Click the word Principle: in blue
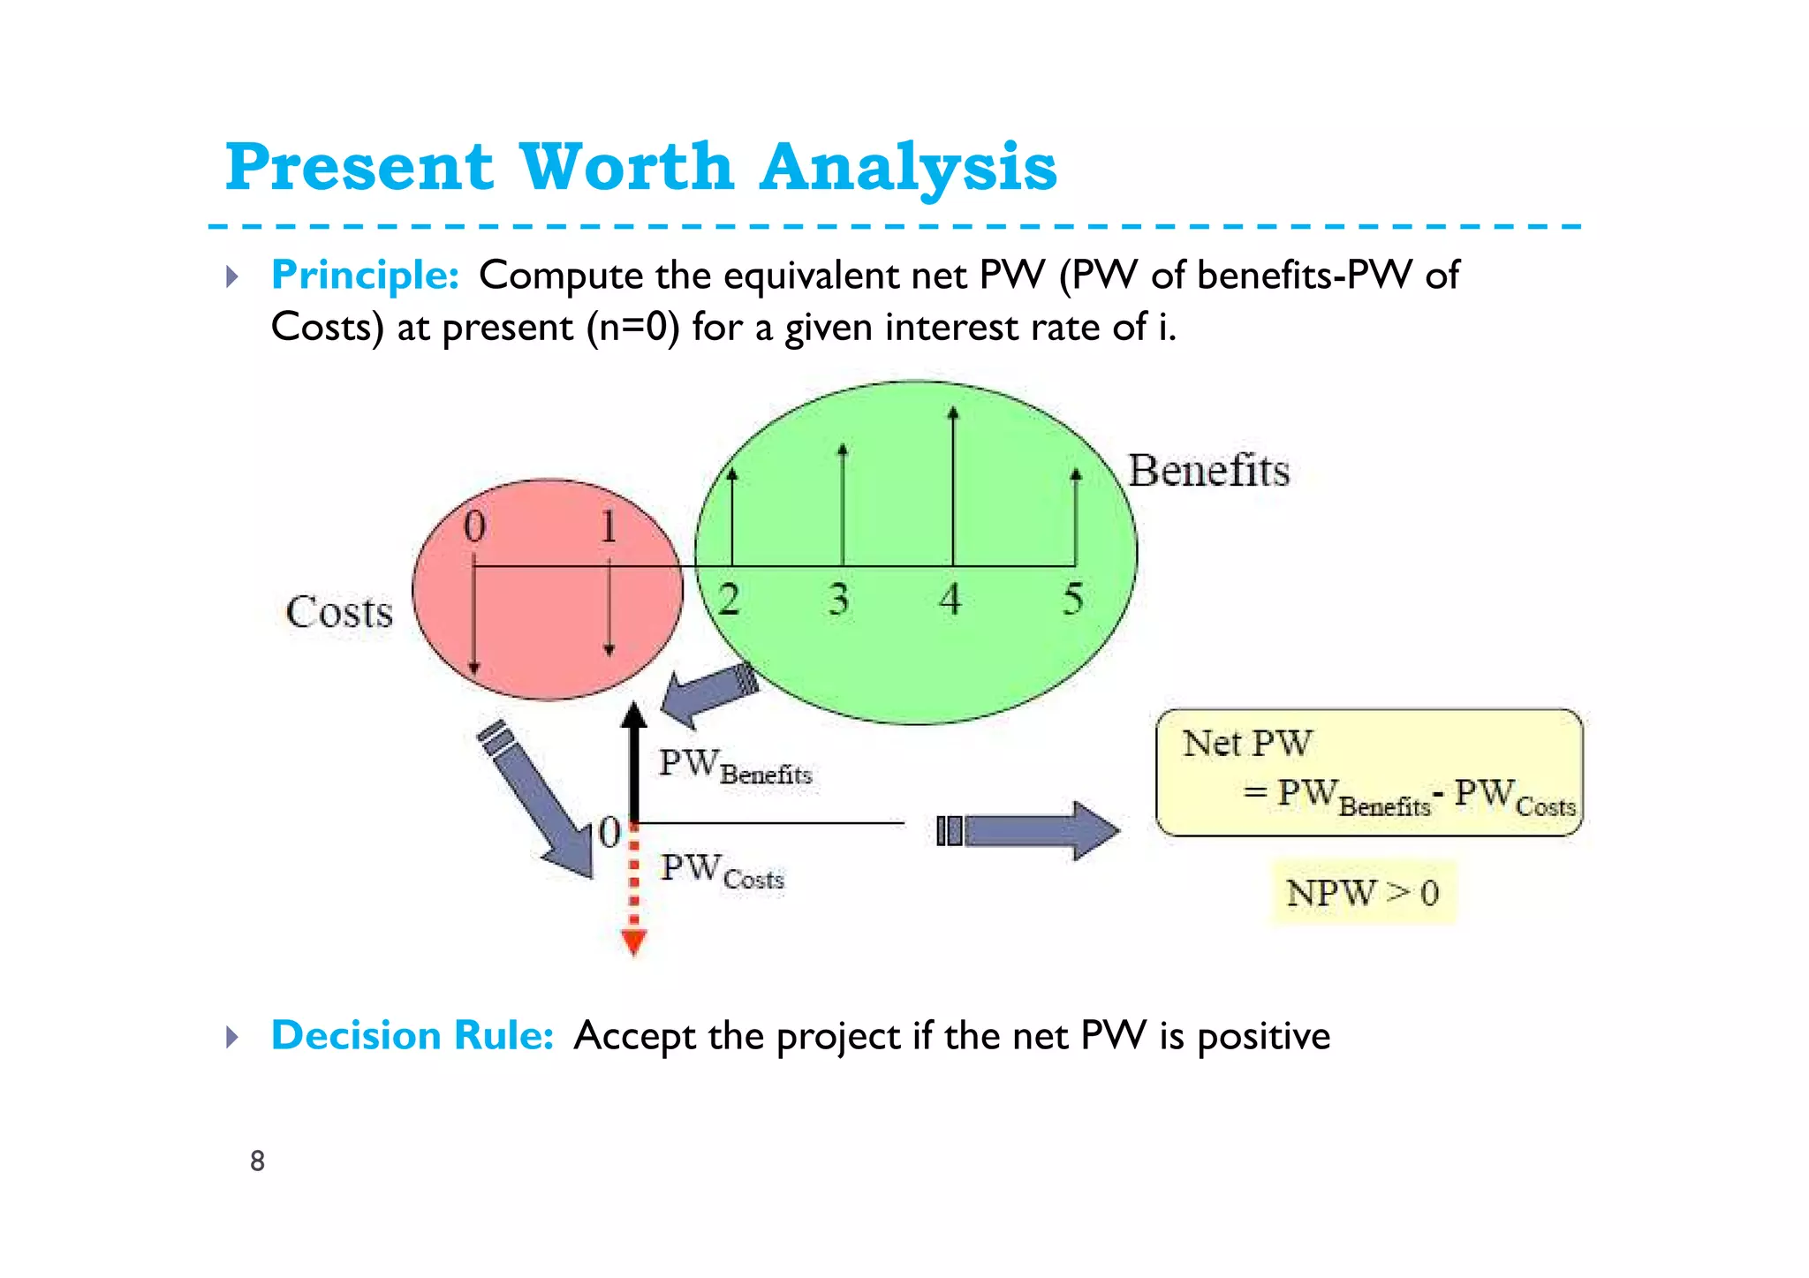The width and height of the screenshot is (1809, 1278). (x=365, y=275)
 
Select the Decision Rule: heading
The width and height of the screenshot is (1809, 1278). (x=412, y=1035)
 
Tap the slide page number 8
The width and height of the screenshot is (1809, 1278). (x=257, y=1161)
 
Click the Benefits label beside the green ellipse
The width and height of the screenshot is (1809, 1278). (x=1208, y=470)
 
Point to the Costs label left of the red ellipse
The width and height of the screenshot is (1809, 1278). (x=339, y=612)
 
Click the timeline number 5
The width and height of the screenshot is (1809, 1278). (x=1073, y=599)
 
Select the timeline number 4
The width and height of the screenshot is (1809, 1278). (x=950, y=599)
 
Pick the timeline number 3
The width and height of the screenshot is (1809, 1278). (x=839, y=599)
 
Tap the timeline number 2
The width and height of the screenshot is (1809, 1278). (x=729, y=600)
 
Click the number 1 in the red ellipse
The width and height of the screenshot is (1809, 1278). (x=609, y=526)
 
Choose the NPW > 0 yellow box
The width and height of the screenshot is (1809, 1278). (x=1363, y=893)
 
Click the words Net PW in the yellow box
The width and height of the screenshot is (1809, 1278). (x=1247, y=744)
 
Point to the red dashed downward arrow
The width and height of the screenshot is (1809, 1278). (x=634, y=892)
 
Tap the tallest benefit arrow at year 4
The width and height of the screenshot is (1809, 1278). (x=953, y=486)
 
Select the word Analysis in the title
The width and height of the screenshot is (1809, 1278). (x=908, y=167)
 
